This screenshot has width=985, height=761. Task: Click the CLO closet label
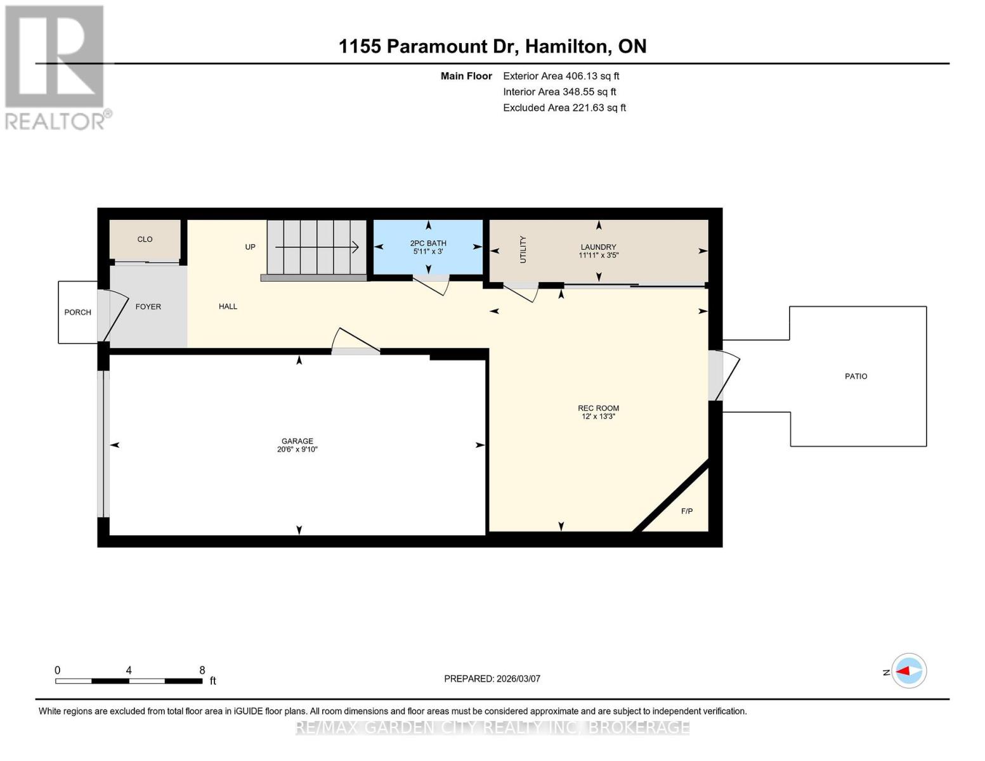[145, 239]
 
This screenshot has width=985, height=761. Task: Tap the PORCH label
[77, 312]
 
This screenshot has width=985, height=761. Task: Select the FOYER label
[148, 306]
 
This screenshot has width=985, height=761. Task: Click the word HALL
[228, 306]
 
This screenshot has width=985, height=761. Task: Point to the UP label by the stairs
[250, 247]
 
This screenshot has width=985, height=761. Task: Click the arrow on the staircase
[317, 247]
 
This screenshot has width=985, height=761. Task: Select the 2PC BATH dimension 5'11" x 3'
[428, 252]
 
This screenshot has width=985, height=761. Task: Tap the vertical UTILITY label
[523, 249]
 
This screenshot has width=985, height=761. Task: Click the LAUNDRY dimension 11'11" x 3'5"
[598, 256]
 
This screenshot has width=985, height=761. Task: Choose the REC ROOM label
[598, 408]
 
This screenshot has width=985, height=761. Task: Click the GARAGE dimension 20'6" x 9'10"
[297, 450]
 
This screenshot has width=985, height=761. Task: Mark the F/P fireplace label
[687, 511]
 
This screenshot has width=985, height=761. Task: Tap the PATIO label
[856, 376]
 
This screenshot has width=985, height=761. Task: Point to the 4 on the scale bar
[129, 670]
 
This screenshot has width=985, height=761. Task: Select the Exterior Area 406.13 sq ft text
[561, 76]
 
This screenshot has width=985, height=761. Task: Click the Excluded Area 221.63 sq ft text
[564, 108]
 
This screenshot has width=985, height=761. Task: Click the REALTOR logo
[56, 67]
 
